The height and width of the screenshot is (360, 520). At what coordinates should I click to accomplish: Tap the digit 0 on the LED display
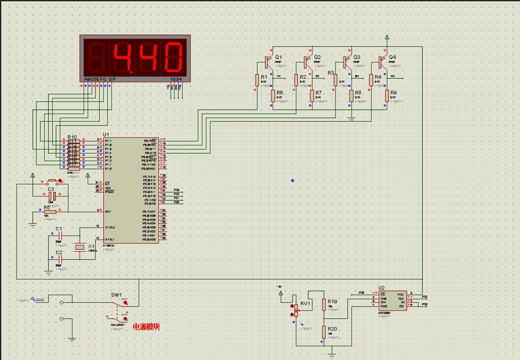point(173,57)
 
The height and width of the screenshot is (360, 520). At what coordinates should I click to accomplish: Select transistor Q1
point(267,62)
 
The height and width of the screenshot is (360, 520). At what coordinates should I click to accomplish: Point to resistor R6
point(273,96)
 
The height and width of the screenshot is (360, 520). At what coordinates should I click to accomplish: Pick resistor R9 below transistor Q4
point(387,96)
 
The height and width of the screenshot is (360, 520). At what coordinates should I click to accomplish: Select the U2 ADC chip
point(393,300)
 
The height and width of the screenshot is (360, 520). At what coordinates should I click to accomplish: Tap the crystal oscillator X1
point(80,247)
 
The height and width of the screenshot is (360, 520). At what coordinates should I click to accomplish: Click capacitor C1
point(60,234)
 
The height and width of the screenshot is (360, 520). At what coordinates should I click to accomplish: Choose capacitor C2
point(60,258)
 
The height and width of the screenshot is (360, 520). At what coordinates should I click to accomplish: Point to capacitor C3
point(52,196)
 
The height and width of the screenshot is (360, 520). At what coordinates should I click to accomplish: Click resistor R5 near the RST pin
point(50,212)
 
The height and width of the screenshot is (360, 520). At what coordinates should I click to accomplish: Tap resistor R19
point(324,304)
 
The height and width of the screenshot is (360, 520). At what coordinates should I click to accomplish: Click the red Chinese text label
point(146,327)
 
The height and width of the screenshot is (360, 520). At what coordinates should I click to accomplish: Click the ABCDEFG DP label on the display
point(99,79)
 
